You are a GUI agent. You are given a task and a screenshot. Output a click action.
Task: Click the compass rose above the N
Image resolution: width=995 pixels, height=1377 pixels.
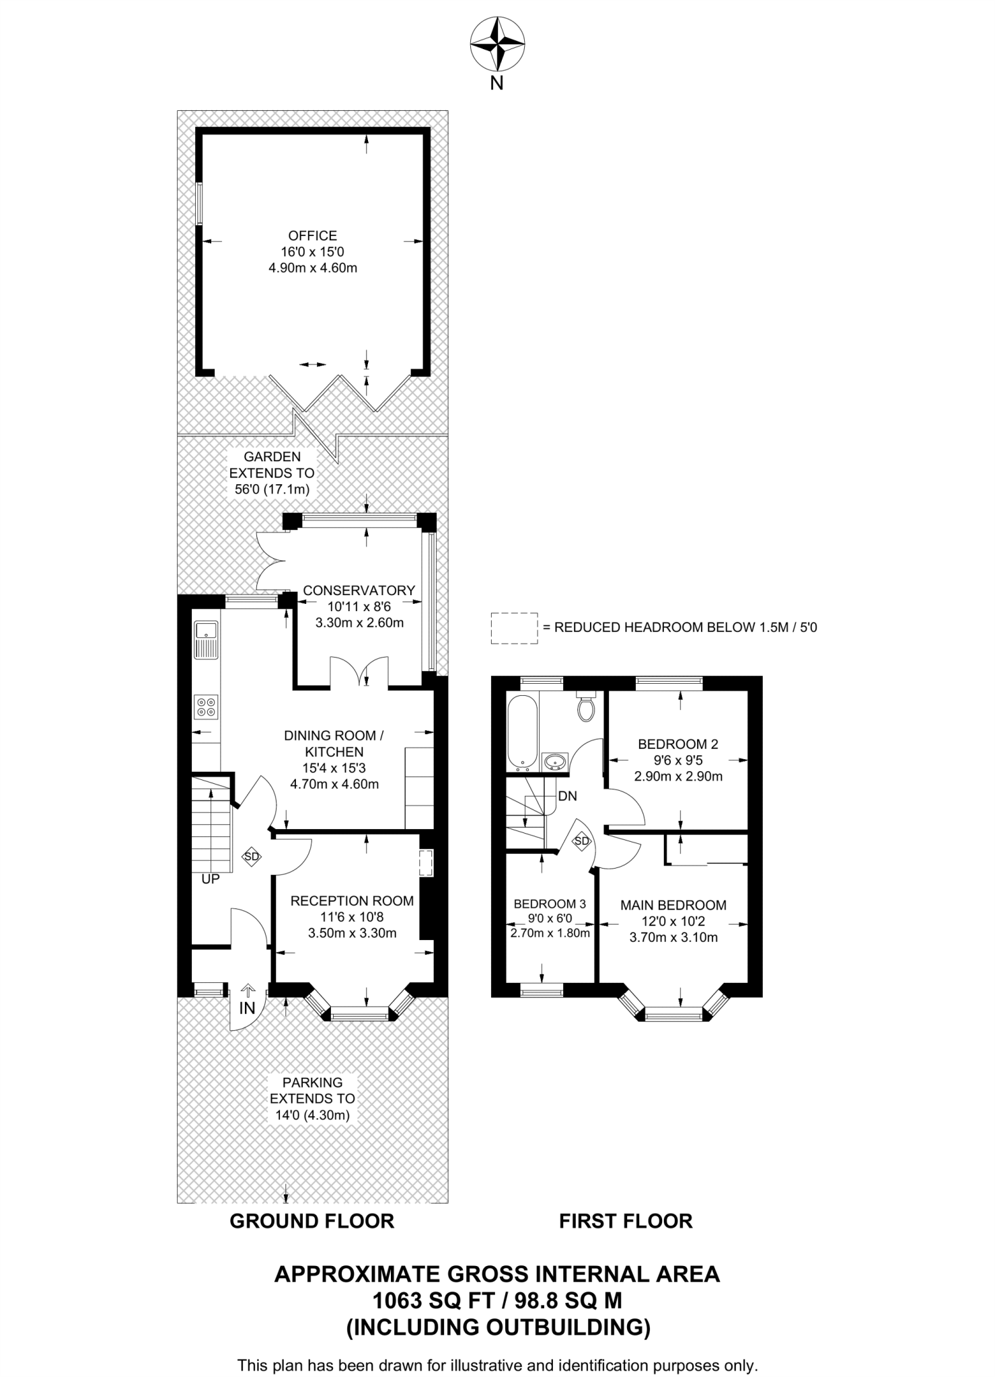497,44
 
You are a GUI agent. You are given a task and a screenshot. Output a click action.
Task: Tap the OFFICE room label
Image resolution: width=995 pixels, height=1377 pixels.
313,236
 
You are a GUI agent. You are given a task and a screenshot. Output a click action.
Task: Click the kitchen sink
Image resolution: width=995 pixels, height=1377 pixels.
206,640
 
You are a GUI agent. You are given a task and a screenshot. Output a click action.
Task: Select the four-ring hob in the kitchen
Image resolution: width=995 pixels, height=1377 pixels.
206,706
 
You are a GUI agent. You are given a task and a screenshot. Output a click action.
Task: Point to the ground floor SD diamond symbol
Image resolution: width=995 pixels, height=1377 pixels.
251,857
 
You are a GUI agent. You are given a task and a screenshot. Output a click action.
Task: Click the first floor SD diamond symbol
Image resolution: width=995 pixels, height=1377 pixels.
581,841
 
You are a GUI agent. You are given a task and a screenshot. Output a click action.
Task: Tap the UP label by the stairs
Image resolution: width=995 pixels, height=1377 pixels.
211,879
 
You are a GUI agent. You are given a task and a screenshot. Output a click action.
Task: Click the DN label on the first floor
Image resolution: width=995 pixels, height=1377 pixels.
567,796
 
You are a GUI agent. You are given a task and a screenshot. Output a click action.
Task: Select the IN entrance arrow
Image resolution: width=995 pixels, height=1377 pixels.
248,990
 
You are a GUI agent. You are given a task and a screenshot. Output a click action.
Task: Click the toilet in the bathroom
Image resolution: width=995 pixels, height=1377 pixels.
587,705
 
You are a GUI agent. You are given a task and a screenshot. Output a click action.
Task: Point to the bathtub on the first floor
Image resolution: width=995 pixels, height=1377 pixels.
521,732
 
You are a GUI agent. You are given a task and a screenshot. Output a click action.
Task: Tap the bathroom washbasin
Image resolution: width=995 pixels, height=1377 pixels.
555,762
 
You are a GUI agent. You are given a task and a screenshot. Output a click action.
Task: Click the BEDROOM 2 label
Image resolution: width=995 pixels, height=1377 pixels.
678,744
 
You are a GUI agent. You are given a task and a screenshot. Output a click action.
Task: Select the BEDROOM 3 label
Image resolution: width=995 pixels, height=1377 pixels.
550,904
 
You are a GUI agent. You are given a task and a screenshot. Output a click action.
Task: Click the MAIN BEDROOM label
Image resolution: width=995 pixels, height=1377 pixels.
673,905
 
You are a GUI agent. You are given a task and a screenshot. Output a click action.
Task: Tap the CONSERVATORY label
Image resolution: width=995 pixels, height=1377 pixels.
359,590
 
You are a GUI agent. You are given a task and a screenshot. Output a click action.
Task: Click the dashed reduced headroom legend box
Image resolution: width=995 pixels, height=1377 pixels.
515,629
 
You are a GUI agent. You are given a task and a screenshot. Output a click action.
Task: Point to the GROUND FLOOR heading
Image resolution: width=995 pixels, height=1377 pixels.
312,1221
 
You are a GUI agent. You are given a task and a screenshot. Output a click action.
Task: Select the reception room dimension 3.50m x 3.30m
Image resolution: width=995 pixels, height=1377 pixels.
353,933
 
